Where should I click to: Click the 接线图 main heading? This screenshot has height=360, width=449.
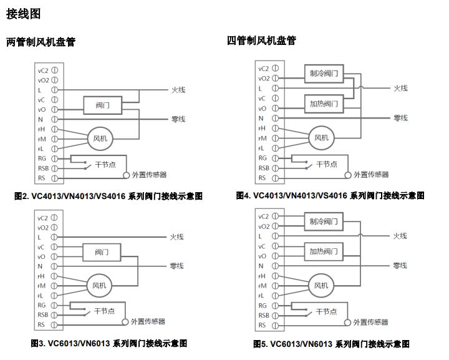pos(24,14)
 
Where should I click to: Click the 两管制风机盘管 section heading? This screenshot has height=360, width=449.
pos(41,42)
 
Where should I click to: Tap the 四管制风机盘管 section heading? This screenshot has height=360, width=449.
pos(262,41)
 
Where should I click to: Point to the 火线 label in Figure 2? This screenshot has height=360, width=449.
pos(178,90)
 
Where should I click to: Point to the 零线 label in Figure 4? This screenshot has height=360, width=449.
pos(400,118)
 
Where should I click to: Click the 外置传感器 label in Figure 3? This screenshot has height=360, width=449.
pos(148,321)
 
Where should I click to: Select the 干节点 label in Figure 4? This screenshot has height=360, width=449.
pos(327,164)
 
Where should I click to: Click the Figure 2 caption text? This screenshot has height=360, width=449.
pos(109,196)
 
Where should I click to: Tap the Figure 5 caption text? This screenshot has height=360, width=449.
pos(331,344)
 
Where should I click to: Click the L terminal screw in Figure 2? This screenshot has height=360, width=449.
pos(55,90)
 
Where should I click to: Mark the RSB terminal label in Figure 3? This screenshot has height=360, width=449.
pos(43,314)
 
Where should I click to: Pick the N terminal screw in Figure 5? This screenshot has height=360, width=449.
pos(275,266)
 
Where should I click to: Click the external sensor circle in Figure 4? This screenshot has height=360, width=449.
pos(348,175)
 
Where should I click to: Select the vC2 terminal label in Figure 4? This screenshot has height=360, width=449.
pos(263,69)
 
